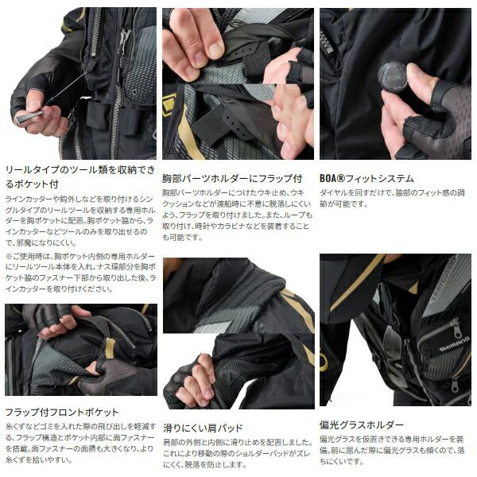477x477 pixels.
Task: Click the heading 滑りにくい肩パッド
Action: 203,428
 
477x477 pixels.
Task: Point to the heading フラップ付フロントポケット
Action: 62,413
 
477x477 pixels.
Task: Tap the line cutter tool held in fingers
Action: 32,117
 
